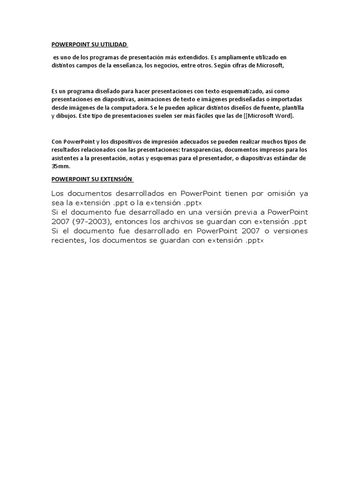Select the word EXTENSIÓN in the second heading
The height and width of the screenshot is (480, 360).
(116, 179)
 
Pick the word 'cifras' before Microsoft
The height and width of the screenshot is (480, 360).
(241, 66)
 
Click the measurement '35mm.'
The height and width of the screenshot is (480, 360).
(60, 167)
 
